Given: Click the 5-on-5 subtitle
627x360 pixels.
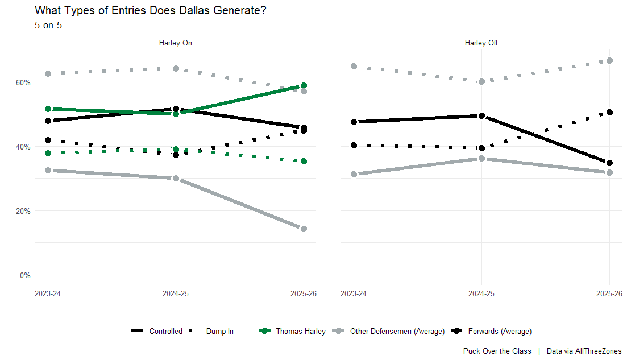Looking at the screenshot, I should pyautogui.click(x=48, y=25).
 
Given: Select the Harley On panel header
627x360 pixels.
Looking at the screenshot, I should pyautogui.click(x=176, y=43).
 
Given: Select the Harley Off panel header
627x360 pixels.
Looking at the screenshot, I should pyautogui.click(x=481, y=43).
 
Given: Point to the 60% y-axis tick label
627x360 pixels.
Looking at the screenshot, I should pyautogui.click(x=23, y=82).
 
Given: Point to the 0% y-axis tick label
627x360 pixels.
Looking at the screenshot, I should pyautogui.click(x=25, y=275).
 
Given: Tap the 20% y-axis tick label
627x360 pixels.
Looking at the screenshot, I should pyautogui.click(x=23, y=211).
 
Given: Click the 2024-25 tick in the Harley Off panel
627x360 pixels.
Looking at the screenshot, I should pyautogui.click(x=481, y=293).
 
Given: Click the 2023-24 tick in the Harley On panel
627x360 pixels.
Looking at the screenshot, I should pyautogui.click(x=48, y=293).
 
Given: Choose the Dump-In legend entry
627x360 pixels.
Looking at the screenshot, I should pyautogui.click(x=219, y=331).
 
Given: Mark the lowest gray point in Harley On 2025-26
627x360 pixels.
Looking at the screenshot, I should pyautogui.click(x=304, y=229).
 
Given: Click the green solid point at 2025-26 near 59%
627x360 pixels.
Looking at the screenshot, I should pyautogui.click(x=304, y=85).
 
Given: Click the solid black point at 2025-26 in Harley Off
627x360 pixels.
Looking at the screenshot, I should pyautogui.click(x=609, y=163).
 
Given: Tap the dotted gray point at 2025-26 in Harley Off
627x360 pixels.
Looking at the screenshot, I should pyautogui.click(x=609, y=60).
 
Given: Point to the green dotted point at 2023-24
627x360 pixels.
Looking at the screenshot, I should pyautogui.click(x=48, y=153).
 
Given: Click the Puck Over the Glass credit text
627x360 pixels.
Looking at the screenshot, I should pyautogui.click(x=497, y=351).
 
